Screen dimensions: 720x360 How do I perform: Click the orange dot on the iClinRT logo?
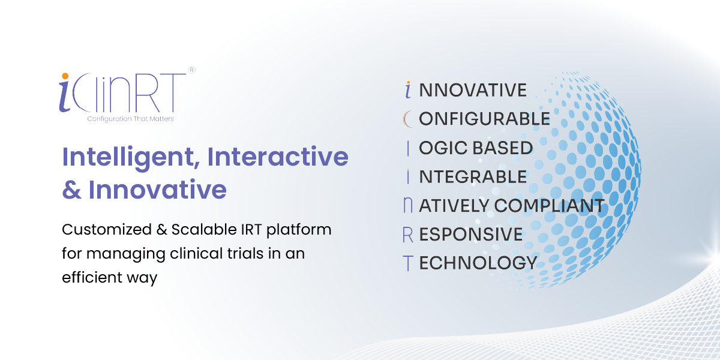[65, 76]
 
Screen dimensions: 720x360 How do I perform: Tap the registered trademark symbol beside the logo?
[191, 70]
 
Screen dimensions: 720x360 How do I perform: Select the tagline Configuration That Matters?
[131, 119]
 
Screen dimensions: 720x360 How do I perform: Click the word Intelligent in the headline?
[128, 158]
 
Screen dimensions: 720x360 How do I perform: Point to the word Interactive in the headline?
[278, 157]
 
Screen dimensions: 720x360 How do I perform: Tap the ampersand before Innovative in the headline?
[71, 190]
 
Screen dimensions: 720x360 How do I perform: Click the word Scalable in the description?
[204, 229]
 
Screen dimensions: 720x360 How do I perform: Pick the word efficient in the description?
[92, 277]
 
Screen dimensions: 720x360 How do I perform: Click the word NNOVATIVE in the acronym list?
[473, 90]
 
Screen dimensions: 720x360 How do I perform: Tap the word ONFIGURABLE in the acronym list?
[484, 119]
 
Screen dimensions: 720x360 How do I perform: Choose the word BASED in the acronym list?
[503, 148]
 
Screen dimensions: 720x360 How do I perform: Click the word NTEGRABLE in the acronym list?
[473, 177]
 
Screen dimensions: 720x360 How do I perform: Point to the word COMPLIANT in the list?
[550, 206]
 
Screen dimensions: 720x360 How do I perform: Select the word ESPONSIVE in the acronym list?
[471, 235]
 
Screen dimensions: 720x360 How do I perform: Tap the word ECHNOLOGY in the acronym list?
[478, 263]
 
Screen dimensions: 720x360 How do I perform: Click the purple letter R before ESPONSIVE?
[408, 235]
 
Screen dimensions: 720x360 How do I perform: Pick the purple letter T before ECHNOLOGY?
[408, 263]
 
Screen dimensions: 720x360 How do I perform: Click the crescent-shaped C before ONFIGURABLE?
[406, 119]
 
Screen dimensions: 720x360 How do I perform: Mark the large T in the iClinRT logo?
[174, 92]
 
